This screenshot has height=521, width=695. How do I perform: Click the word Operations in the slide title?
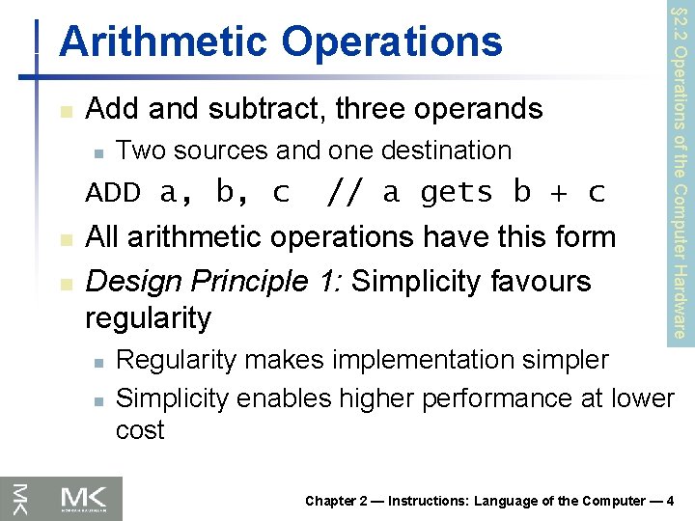point(393,41)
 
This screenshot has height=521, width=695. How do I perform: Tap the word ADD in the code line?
point(113,193)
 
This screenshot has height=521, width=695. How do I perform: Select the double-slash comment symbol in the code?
point(347,193)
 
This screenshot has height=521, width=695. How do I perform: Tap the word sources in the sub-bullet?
point(221,151)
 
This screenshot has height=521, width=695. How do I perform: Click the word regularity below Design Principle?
point(148,317)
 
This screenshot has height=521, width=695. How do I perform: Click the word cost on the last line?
point(140,430)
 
